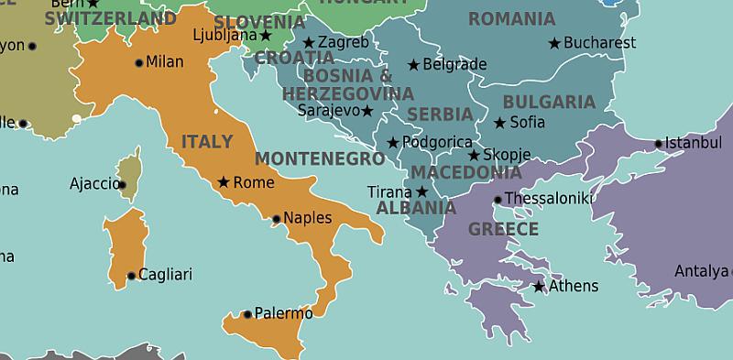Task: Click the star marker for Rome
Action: pyautogui.click(x=223, y=182)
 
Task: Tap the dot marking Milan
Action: pyautogui.click(x=139, y=63)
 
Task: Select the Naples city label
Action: pyautogui.click(x=307, y=218)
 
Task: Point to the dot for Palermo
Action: pyautogui.click(x=246, y=314)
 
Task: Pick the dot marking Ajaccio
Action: pyautogui.click(x=123, y=184)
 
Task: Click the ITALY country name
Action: pyautogui.click(x=206, y=142)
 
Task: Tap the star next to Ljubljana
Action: pyautogui.click(x=266, y=36)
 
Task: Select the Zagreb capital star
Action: pyautogui.click(x=309, y=42)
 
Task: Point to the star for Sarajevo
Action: pyautogui.click(x=367, y=111)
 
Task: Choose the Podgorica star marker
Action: pyautogui.click(x=393, y=142)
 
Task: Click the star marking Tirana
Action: pyautogui.click(x=421, y=191)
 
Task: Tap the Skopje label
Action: pyautogui.click(x=507, y=155)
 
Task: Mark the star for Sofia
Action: pyautogui.click(x=499, y=123)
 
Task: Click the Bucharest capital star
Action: pyautogui.click(x=554, y=43)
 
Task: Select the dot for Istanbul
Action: pyautogui.click(x=659, y=144)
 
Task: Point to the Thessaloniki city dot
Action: pyautogui.click(x=498, y=200)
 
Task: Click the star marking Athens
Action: pyautogui.click(x=539, y=287)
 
